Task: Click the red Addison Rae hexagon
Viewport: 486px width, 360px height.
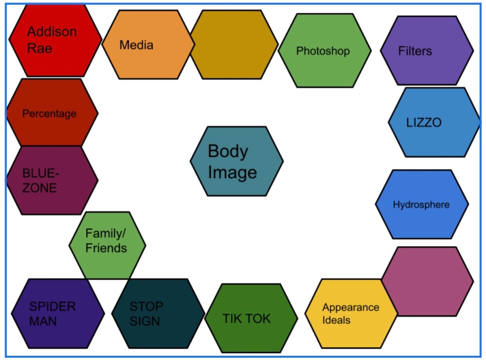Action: (55, 40)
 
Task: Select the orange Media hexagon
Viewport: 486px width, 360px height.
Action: (148, 45)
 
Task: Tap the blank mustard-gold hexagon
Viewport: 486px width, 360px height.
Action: (234, 45)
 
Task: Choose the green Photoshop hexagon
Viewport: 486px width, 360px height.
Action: (325, 50)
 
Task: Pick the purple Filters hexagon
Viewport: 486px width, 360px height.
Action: (427, 50)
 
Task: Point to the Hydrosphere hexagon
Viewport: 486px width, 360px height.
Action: (421, 204)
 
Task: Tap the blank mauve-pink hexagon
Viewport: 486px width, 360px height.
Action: (427, 281)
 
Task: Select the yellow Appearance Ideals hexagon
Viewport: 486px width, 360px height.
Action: (351, 313)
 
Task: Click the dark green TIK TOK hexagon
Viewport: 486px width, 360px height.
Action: (251, 318)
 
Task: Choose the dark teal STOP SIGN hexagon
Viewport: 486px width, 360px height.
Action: (158, 313)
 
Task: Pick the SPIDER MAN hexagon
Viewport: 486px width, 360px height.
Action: (57, 313)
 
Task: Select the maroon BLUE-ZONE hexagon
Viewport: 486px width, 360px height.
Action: (52, 180)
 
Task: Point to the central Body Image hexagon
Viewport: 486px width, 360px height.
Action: (236, 161)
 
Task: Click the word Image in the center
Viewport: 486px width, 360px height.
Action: (232, 172)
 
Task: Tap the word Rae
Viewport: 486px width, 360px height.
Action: (39, 48)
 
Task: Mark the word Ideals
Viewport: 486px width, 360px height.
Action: (336, 320)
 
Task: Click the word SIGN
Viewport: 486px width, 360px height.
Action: (145, 321)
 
